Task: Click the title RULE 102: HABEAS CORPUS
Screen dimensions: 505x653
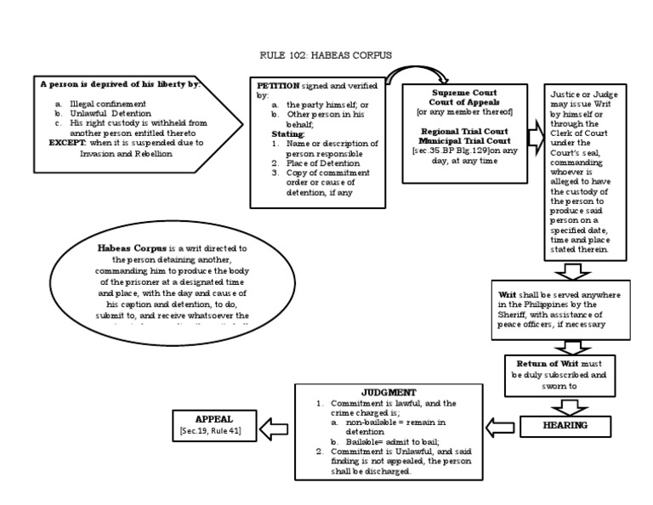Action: click(x=326, y=56)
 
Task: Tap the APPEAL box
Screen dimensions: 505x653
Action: click(x=213, y=424)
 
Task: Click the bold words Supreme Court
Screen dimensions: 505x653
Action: click(x=464, y=92)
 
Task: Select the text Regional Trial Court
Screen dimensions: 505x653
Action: click(x=464, y=132)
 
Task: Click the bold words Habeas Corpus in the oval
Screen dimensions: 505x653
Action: click(x=126, y=247)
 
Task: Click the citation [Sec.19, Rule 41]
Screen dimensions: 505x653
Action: click(x=213, y=431)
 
